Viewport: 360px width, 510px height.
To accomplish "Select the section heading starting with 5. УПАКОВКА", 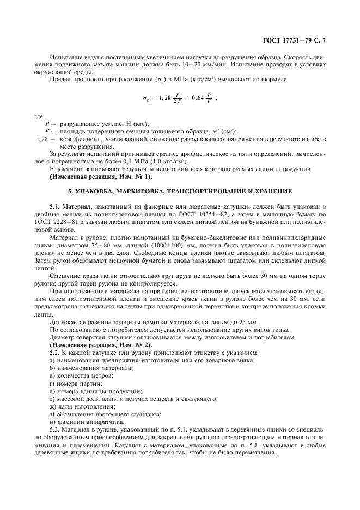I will pyautogui.click(x=180, y=191).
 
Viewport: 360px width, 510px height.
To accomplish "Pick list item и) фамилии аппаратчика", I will pyautogui.click(x=83, y=422).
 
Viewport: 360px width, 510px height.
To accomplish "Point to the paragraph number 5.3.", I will pyautogui.click(x=54, y=430).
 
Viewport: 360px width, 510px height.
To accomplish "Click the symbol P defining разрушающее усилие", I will pyautogui.click(x=48, y=124).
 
